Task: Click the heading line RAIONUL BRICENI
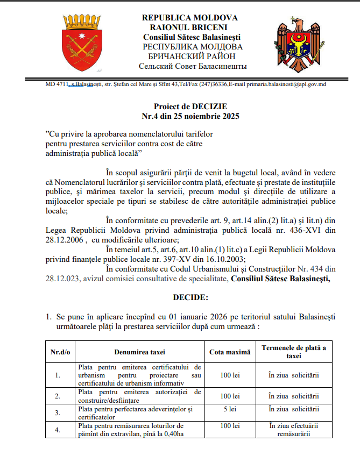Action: (x=189, y=27)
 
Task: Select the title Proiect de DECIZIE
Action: (x=190, y=106)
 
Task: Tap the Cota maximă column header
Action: (x=230, y=352)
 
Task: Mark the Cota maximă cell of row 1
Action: (x=230, y=374)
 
